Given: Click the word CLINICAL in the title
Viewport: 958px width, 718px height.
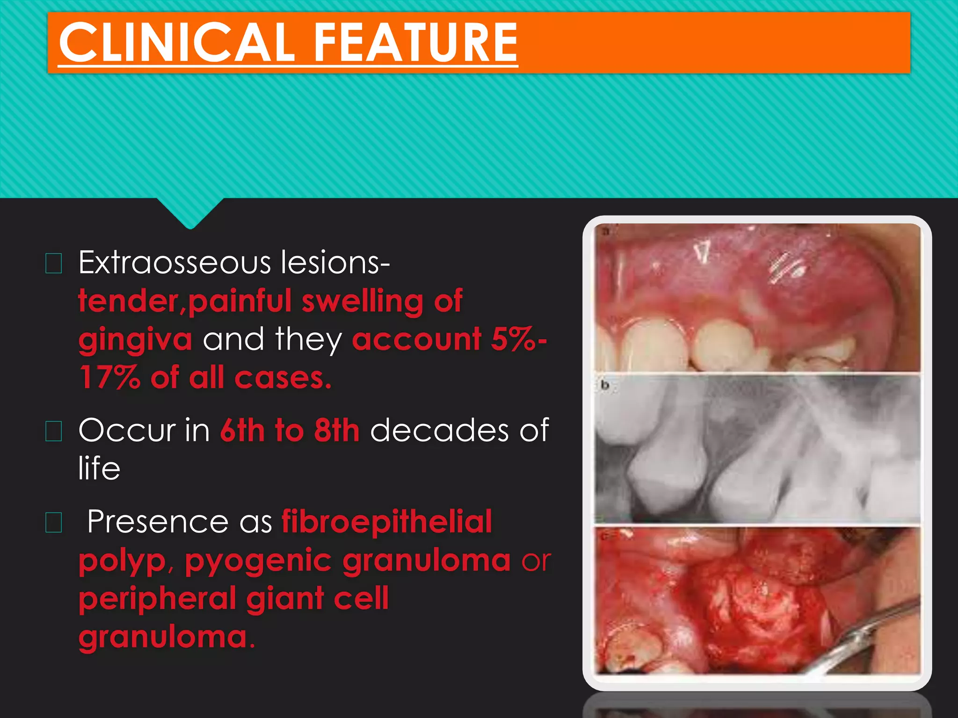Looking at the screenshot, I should [x=177, y=43].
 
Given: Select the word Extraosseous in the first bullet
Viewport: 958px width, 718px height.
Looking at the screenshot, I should [x=174, y=263].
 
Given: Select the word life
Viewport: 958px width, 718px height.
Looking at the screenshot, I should [x=99, y=468].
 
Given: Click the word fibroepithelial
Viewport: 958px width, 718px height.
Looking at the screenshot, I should [x=387, y=522].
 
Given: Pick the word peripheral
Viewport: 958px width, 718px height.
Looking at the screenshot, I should [x=157, y=599].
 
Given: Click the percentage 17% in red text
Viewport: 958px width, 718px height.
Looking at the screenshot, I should [x=110, y=378].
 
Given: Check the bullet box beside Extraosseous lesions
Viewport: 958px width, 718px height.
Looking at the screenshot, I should [x=54, y=264].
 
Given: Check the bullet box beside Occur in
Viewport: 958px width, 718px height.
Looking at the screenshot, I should [x=54, y=431].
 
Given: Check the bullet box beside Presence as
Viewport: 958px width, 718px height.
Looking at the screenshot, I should [x=54, y=523].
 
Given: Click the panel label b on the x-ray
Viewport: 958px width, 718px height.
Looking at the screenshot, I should [x=605, y=385].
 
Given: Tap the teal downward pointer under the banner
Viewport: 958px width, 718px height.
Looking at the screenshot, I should [x=190, y=213].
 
